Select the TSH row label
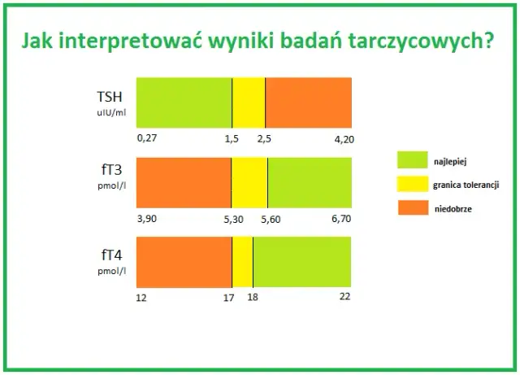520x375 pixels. tap(110, 96)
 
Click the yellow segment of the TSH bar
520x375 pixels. tap(249, 102)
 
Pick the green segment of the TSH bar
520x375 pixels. tap(184, 102)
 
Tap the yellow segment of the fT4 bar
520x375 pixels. tap(242, 261)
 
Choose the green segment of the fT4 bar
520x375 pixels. tap(302, 261)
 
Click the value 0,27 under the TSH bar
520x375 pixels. tap(146, 139)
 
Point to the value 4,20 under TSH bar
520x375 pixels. tap(344, 139)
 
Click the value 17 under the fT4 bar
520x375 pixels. tap(230, 297)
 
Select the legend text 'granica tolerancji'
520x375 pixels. tap(466, 185)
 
